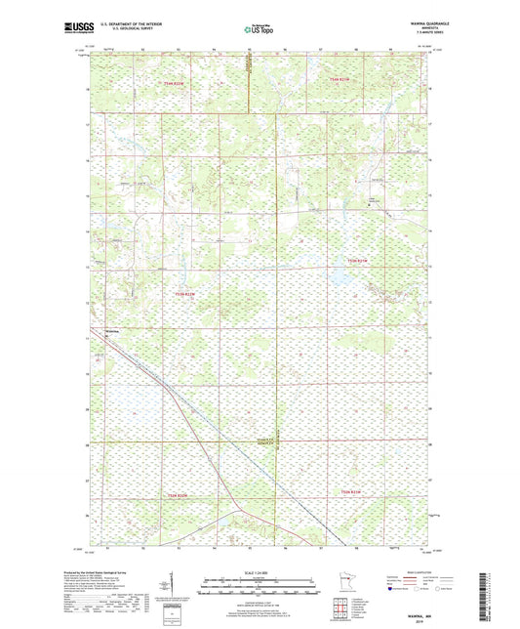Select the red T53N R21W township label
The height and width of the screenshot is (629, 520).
(361, 261)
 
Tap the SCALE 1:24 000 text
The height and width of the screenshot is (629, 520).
(259, 571)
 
